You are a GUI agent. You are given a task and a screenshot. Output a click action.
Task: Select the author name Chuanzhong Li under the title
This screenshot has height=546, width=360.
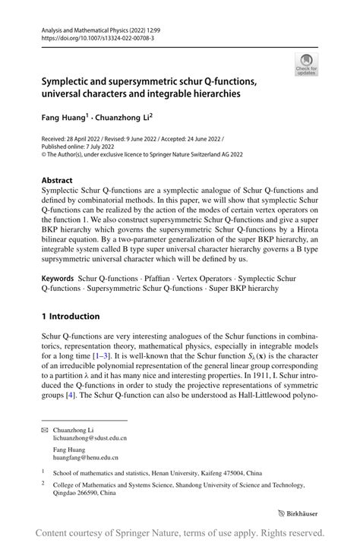(x=121, y=118)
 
